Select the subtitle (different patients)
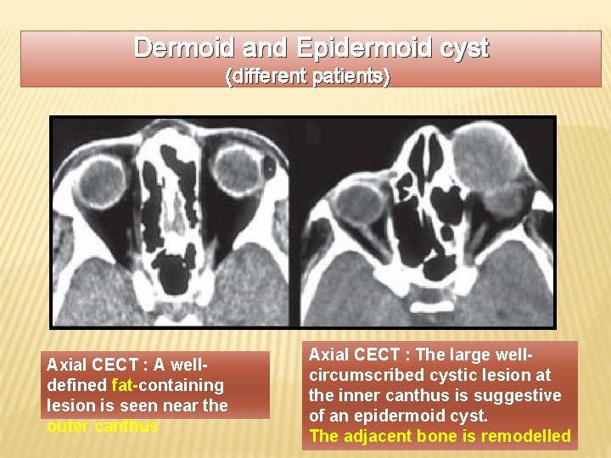coord(307,76)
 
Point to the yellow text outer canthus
coord(102,426)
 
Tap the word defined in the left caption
coord(83,385)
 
